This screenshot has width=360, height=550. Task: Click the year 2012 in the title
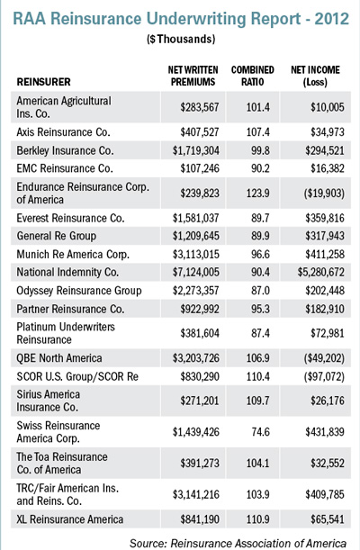pos(331,19)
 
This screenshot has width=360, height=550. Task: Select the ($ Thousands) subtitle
pos(181,39)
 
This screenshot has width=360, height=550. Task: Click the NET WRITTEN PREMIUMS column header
pos(193,76)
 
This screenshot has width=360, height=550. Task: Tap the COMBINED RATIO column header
pos(252,76)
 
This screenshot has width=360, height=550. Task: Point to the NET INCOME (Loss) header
pos(315,76)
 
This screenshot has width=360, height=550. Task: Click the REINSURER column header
pos(44,82)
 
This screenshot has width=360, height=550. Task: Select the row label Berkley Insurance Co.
pos(65,150)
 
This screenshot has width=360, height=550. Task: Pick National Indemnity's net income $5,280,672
pos(320,272)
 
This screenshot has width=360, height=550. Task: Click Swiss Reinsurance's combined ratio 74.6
pos(260,432)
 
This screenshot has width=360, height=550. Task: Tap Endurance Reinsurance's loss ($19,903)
pos(324,194)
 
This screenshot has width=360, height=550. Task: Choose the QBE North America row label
pos(59,358)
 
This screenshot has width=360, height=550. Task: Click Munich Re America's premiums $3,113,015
pos(195,255)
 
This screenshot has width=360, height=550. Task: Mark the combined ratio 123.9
pos(258,194)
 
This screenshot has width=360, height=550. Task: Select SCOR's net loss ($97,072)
pos(324,377)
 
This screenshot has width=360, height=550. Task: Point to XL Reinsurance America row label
pos(70,519)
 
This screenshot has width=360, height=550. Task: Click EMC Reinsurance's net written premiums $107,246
pos(200,168)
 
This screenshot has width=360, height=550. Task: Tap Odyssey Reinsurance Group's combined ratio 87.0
pos(260,291)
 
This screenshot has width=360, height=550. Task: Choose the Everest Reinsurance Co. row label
pos(70,218)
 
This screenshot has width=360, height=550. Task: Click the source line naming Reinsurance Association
pos(238,543)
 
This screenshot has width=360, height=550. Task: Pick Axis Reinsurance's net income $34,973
pos(328,132)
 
